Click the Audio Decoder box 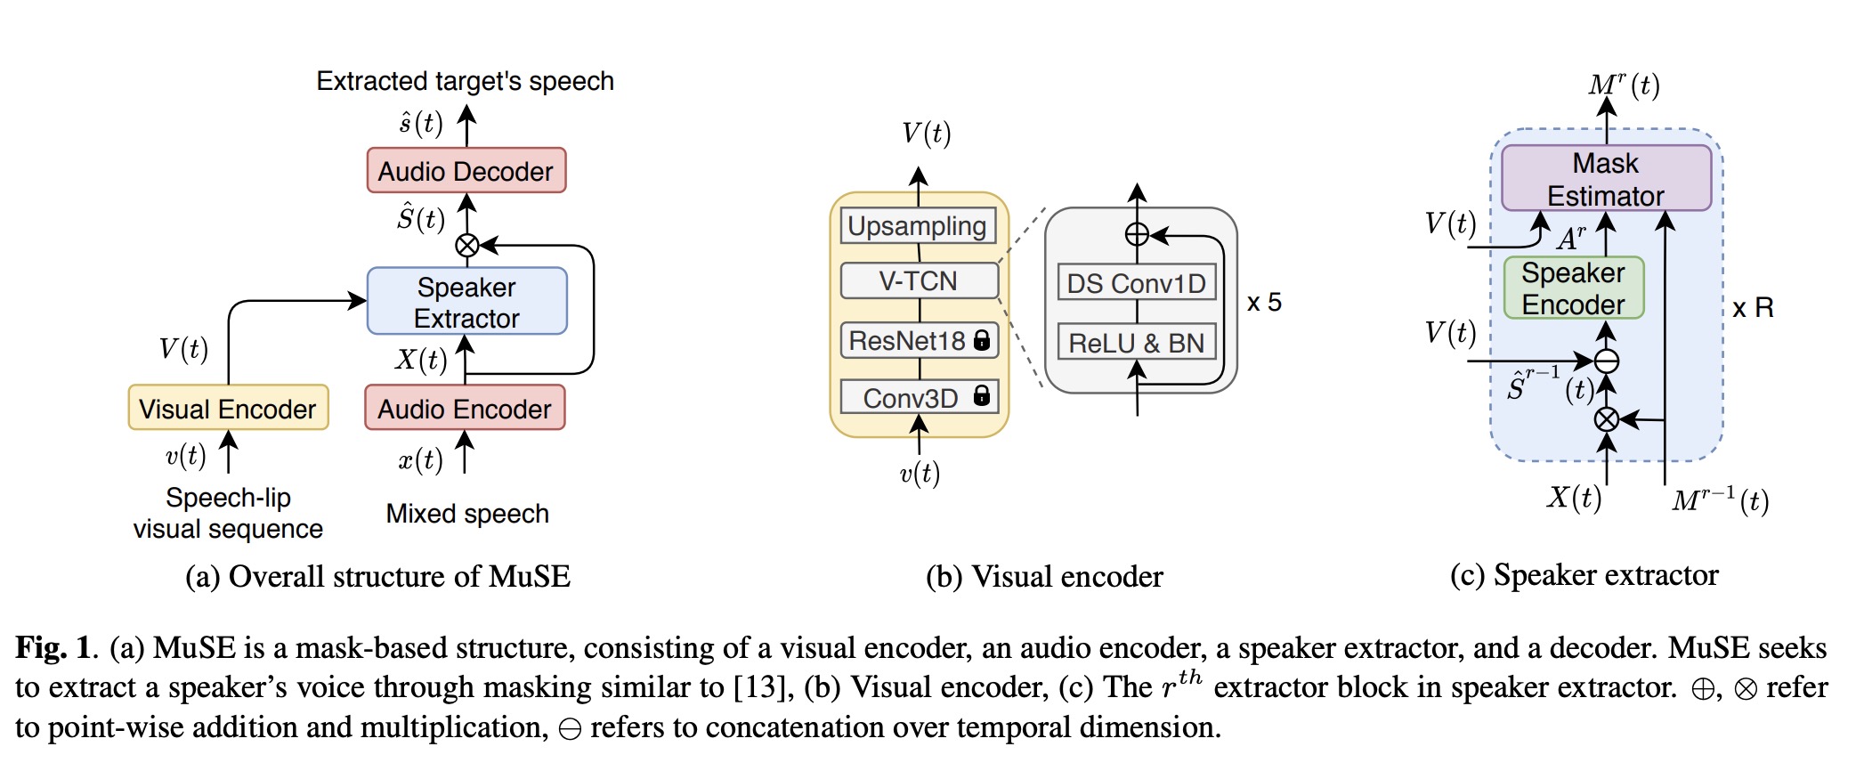tap(466, 171)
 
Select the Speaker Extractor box tap(466, 302)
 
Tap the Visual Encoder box tap(228, 409)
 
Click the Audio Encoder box tap(465, 409)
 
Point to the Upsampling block tap(917, 226)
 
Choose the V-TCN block tap(919, 281)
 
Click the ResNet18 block tap(919, 341)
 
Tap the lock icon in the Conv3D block tap(982, 395)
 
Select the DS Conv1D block tap(1137, 283)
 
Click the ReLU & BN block tap(1137, 343)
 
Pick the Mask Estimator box tap(1606, 179)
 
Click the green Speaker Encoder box tap(1573, 288)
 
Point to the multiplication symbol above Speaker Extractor tap(466, 245)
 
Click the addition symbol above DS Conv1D tap(1137, 235)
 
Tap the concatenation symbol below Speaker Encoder tap(1607, 361)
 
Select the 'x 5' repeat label tap(1264, 303)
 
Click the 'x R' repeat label tap(1753, 308)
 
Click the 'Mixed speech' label tap(467, 514)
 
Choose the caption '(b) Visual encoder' tap(1044, 577)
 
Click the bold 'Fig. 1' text tap(54, 647)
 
